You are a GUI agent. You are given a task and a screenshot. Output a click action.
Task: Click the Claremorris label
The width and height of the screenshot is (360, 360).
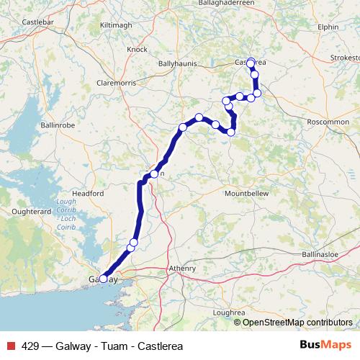(118, 83)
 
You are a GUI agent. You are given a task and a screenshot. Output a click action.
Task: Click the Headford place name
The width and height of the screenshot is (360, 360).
(87, 193)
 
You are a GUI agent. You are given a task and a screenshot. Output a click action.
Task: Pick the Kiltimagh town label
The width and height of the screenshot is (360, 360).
(117, 24)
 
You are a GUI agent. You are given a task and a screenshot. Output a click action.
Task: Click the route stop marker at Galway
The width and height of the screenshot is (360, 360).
(103, 279)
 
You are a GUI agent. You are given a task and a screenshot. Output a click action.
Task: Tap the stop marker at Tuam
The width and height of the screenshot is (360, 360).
(153, 174)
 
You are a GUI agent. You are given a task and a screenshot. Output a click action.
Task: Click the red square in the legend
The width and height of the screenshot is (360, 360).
(11, 346)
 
